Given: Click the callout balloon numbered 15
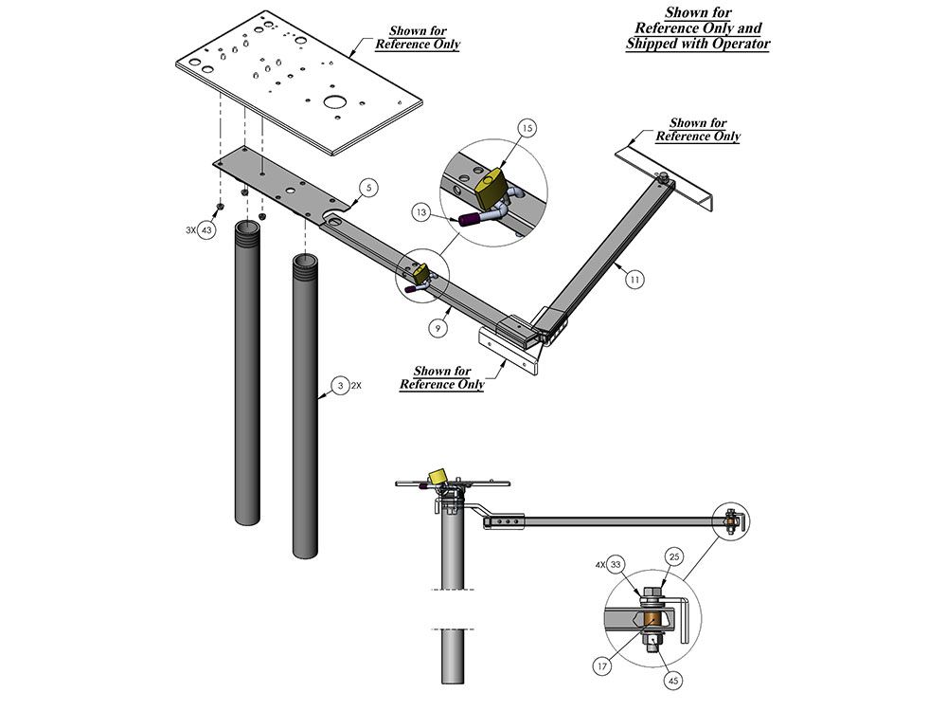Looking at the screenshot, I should click(527, 128).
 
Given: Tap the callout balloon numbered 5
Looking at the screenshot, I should click(365, 187).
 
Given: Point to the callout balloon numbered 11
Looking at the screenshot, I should click(634, 280).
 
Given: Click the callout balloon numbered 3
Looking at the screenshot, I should click(338, 387).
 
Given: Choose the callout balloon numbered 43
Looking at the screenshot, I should click(205, 229).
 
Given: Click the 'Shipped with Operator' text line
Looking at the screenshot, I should click(698, 45).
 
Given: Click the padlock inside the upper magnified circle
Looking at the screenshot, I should click(492, 190).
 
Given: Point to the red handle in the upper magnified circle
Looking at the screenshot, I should click(469, 220).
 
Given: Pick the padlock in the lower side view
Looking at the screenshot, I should click(438, 475).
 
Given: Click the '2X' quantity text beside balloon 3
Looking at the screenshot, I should click(357, 387).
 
